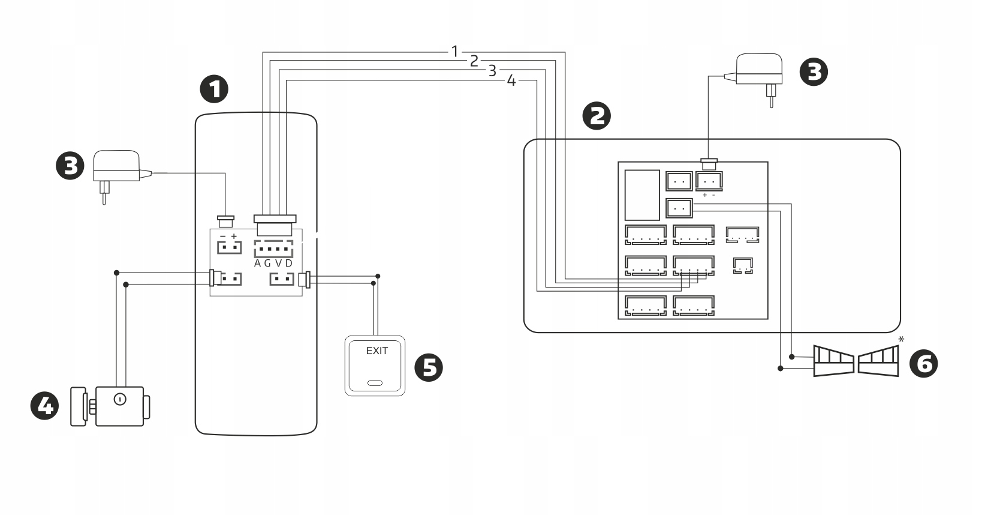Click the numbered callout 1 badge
tap(214, 89)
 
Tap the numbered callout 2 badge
tap(597, 116)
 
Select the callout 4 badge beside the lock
tap(45, 406)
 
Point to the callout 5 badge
tap(429, 367)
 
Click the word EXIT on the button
tap(376, 351)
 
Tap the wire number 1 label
tap(454, 52)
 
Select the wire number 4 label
tap(511, 80)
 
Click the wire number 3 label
tap(492, 71)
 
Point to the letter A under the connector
tap(258, 264)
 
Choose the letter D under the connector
tap(288, 264)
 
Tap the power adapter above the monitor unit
tap(758, 72)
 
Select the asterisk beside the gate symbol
tap(901, 340)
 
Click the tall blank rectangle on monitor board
tap(642, 195)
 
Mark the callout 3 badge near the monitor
tap(814, 72)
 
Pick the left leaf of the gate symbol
tap(833, 361)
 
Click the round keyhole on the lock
tap(119, 399)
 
